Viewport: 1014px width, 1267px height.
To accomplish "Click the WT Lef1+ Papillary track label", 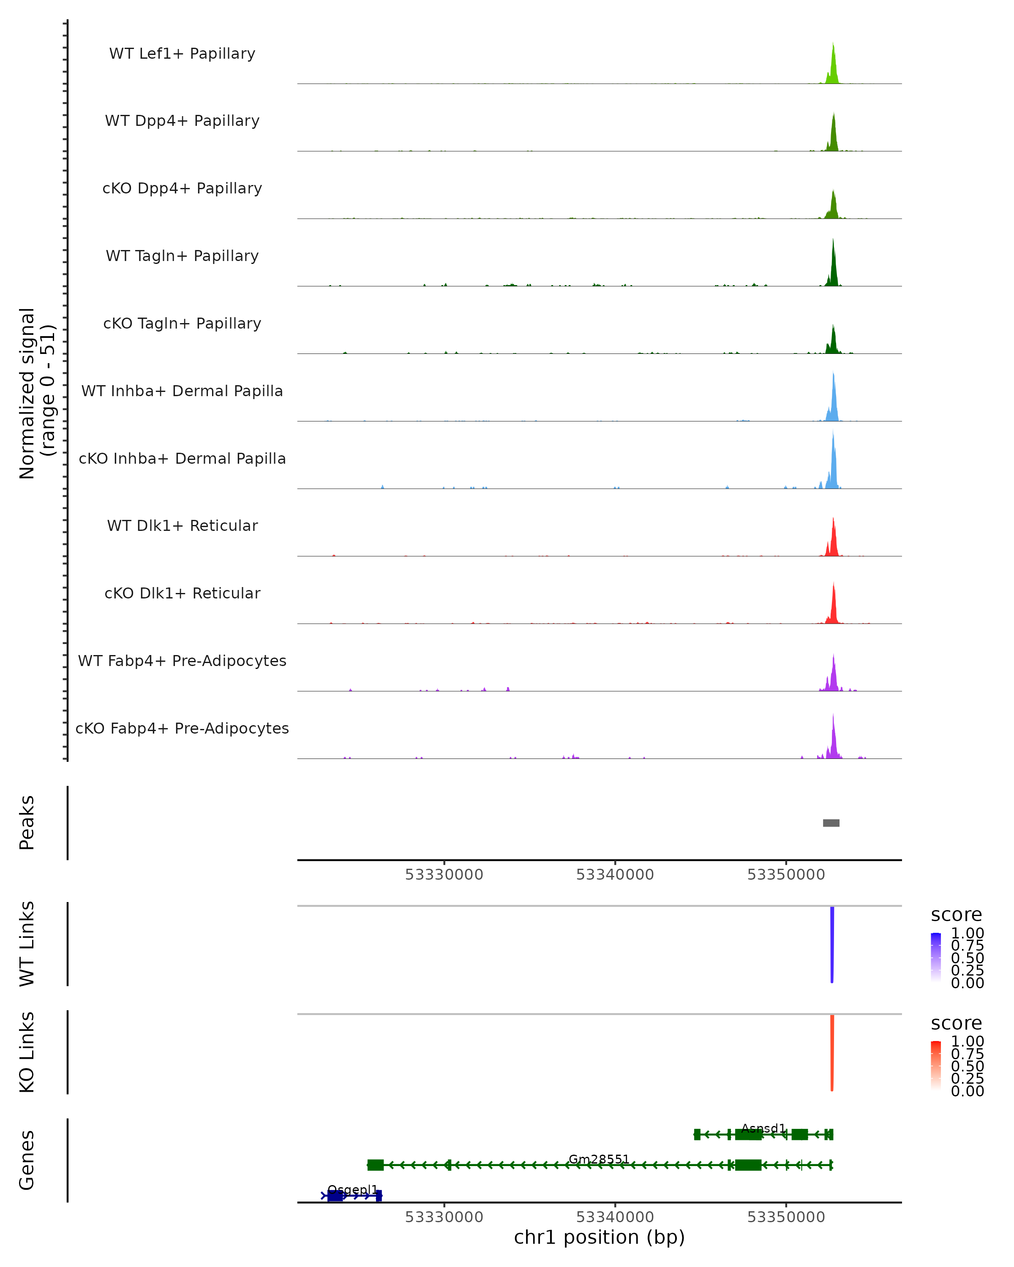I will point(182,54).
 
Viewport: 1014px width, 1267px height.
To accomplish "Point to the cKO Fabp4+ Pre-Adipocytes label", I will point(182,728).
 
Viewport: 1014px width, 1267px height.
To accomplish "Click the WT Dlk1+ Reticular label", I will point(182,525).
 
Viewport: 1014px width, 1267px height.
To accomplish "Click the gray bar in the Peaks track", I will point(831,823).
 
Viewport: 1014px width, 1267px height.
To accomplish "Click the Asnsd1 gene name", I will point(763,1128).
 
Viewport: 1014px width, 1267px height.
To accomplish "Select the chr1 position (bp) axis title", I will point(599,1237).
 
